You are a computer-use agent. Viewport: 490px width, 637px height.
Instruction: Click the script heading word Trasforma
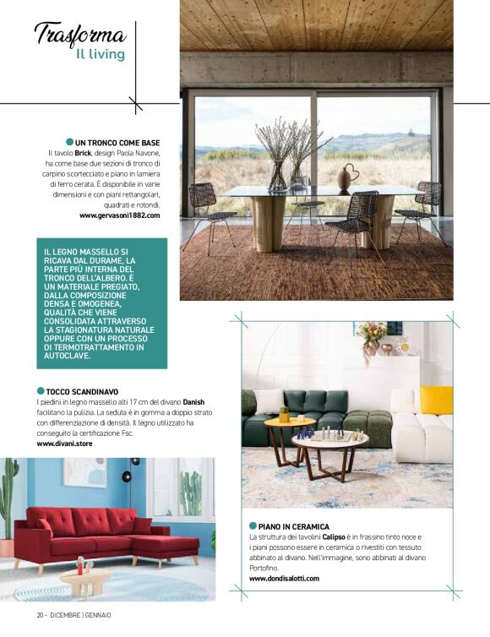pos(79,35)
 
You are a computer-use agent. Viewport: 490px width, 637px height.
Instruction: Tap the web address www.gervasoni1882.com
pos(119,215)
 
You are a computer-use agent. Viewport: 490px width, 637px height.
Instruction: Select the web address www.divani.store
pos(65,443)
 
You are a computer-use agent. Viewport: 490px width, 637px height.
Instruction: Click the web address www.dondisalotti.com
pos(284,578)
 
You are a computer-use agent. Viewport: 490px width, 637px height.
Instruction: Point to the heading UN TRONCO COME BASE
pos(117,143)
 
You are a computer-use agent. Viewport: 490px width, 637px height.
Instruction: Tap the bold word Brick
pos(83,153)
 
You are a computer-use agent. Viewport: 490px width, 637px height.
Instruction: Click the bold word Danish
pos(194,401)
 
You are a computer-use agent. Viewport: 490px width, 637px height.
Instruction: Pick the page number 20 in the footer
pos(40,614)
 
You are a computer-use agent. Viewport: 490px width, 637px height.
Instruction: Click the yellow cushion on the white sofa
pos(436,400)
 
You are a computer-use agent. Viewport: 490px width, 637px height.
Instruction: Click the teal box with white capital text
pos(102,303)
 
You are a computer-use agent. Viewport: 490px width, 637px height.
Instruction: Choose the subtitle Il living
pos(100,55)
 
